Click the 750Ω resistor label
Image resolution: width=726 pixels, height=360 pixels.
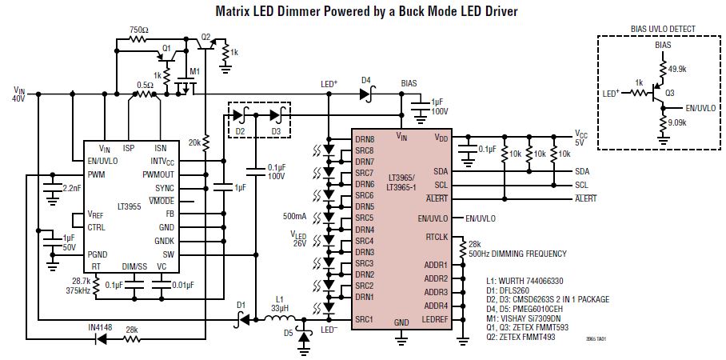[138, 29]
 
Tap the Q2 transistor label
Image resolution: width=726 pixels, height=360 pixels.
[205, 37]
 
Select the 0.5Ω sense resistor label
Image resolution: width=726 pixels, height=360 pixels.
[145, 84]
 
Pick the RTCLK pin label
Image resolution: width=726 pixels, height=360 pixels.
[437, 237]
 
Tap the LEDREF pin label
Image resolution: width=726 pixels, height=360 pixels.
[435, 320]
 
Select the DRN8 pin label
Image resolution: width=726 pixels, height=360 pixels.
[365, 139]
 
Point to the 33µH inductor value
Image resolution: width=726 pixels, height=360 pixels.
[280, 308]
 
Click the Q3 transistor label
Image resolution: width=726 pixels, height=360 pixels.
[669, 91]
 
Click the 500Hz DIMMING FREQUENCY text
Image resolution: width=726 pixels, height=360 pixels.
[517, 254]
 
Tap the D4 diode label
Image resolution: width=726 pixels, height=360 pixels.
[366, 79]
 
